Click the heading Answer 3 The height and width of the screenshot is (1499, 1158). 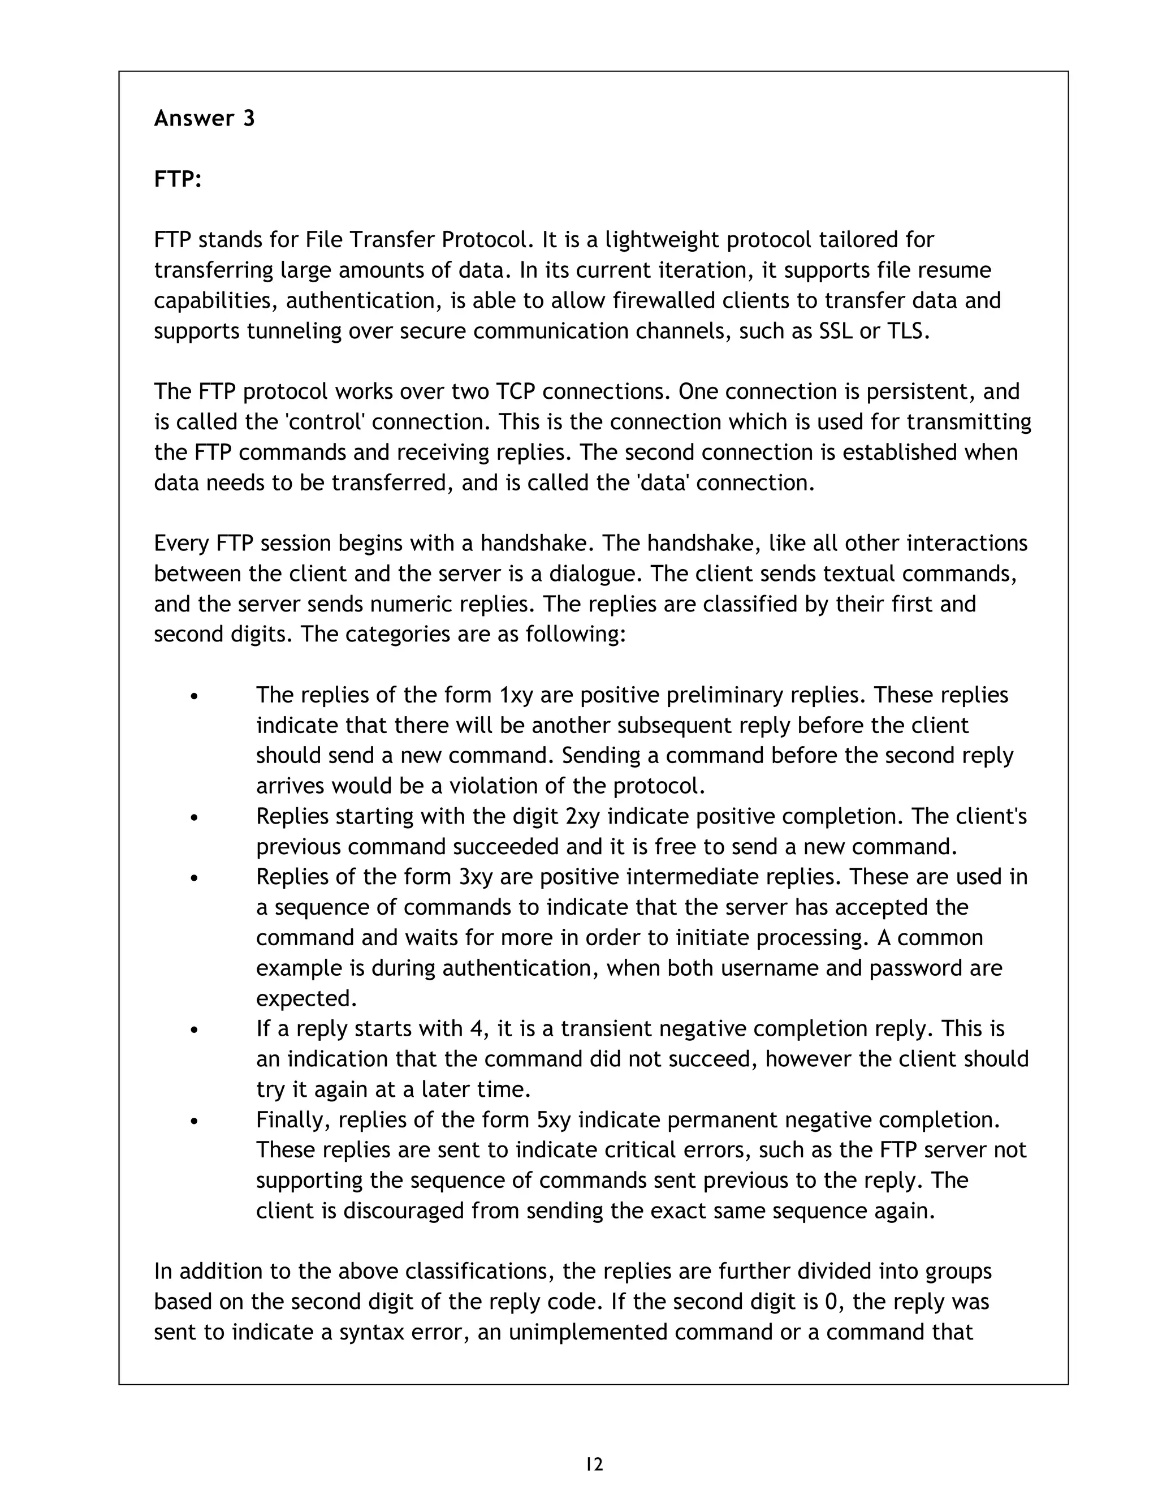[204, 118]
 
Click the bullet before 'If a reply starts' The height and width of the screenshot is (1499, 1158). [195, 1030]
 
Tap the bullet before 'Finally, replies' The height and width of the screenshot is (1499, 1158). [195, 1122]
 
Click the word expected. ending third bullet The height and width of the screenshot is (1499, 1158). [306, 998]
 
